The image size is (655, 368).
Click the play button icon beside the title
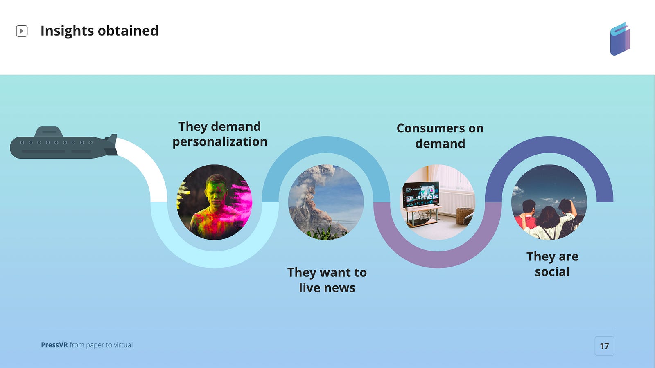pos(22,31)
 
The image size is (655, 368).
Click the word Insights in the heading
pos(67,31)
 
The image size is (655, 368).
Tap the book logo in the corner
pos(620,39)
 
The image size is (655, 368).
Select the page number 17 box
pos(604,346)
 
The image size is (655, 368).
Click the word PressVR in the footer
pos(54,345)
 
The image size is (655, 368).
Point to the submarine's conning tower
pos(49,131)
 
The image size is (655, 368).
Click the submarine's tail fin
pos(111,145)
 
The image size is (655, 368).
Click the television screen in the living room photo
pos(421,193)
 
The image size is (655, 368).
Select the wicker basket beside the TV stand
pos(464,216)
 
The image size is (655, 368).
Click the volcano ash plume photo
pos(326,202)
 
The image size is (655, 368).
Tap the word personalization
pos(220,142)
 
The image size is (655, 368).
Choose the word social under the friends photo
pos(552,272)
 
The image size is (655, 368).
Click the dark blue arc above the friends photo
pos(549,145)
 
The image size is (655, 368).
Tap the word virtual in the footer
pos(123,345)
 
